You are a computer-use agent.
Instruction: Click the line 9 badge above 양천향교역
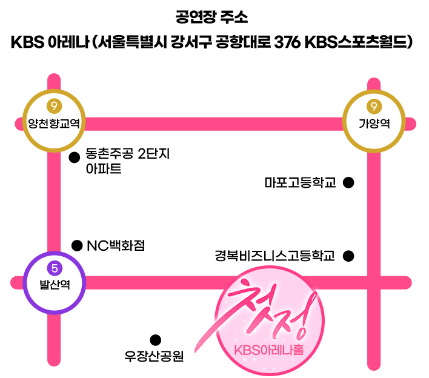pos(54,107)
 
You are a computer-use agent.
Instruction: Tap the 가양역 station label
pos(374,124)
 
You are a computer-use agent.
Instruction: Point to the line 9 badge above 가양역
pos(374,107)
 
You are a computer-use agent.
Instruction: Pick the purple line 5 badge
pos(55,267)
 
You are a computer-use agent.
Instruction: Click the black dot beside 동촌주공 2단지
pos(75,157)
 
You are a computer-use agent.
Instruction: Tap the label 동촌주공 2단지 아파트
pos(127,161)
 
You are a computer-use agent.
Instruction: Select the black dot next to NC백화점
pos(77,245)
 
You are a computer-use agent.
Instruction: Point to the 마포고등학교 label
pos(300,182)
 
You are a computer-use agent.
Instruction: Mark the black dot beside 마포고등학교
pos(348,182)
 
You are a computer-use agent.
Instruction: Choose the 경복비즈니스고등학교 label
pos(274,256)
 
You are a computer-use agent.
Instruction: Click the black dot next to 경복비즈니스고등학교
pos(348,256)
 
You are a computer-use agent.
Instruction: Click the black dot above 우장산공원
pos(155,340)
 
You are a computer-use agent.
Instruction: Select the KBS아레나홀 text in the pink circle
pos(264,351)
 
